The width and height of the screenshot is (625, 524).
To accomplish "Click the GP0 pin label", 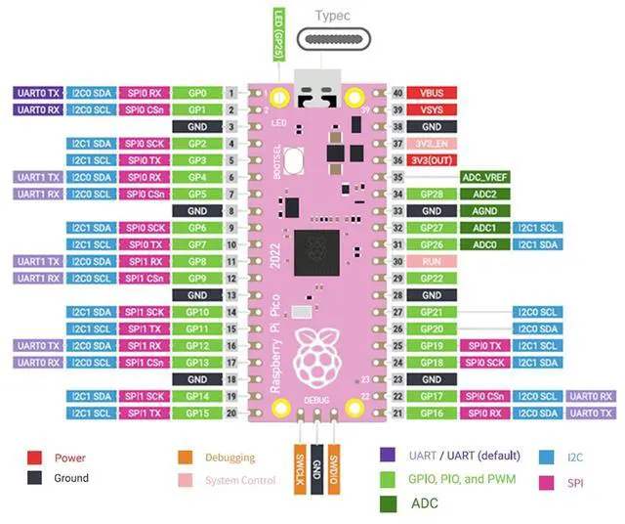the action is click(x=195, y=93).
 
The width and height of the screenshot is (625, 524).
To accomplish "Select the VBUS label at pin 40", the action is click(x=431, y=93).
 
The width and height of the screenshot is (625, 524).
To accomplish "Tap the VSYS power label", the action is click(x=431, y=109).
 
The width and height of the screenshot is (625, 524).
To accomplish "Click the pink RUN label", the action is click(x=431, y=261).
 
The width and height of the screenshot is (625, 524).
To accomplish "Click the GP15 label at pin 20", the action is click(x=195, y=413).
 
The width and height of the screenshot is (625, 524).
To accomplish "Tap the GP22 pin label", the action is click(x=431, y=278).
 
